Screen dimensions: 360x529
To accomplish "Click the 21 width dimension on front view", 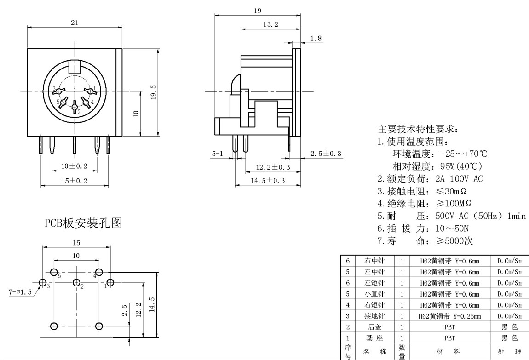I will pos(74,22).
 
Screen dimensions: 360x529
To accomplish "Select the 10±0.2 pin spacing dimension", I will pos(75,166).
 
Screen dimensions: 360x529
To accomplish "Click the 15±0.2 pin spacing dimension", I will pos(75,181).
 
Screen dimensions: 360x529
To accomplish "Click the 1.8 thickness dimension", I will pos(316,39).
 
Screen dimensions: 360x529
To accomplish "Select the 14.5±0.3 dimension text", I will pos(267,181).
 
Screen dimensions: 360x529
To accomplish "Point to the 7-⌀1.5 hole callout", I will pos(20,291).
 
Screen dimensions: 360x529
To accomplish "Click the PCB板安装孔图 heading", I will pos(83,223).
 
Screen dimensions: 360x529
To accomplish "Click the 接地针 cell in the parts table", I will pos(374,316).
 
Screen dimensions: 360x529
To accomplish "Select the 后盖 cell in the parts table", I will pos(374,327).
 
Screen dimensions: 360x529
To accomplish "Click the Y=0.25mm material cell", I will pos(449,316).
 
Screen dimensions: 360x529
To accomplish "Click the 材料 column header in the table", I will pos(449,352).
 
